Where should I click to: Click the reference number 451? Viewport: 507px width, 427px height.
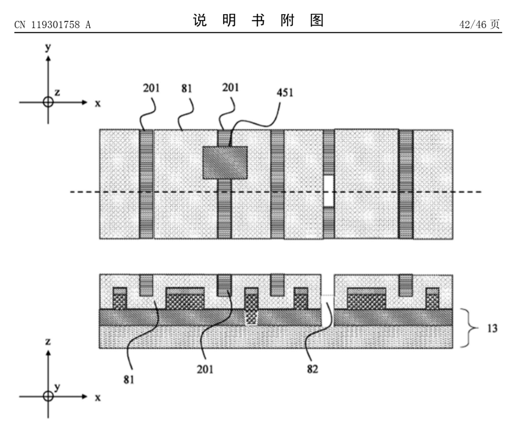(x=285, y=93)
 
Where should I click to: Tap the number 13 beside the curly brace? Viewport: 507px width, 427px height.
(x=492, y=328)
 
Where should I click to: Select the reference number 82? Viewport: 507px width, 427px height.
(x=312, y=369)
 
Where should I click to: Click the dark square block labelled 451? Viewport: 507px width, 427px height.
(x=225, y=163)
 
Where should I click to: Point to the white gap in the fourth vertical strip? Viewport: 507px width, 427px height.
(x=329, y=191)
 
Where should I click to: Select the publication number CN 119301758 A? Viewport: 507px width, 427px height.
(x=53, y=25)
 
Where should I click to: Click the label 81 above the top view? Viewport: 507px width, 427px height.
(x=186, y=88)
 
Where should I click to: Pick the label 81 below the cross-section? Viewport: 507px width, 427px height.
(x=129, y=380)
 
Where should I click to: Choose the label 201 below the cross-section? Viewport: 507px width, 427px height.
(x=205, y=369)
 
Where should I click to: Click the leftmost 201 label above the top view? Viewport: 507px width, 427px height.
(x=151, y=88)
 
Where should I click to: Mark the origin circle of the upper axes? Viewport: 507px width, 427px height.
(x=48, y=102)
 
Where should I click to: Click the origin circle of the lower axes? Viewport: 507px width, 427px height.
(x=48, y=396)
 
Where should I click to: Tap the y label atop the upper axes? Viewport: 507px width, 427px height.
(x=48, y=47)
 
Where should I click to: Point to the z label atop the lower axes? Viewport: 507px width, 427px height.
(x=48, y=342)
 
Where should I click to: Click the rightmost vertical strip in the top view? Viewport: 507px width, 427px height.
(x=406, y=184)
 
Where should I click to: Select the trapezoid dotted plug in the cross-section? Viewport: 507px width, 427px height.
(x=251, y=317)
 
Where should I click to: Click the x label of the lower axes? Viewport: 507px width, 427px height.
(x=98, y=398)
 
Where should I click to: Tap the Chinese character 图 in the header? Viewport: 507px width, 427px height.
(x=317, y=21)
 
